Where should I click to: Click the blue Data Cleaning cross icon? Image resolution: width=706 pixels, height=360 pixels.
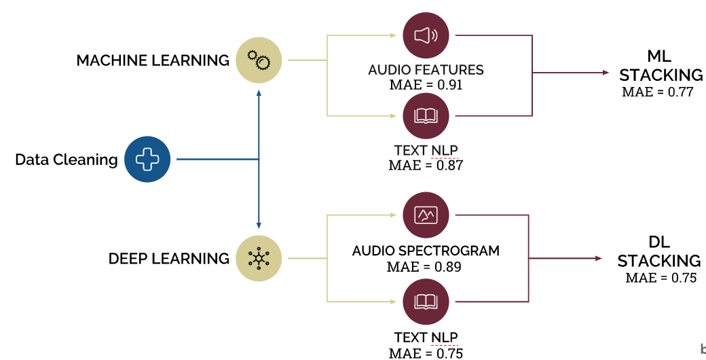(x=147, y=160)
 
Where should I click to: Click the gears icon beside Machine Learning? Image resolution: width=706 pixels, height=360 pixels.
(x=259, y=60)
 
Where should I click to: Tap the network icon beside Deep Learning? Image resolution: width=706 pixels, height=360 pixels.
(x=259, y=259)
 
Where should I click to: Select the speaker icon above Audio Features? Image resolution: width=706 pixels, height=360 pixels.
(x=426, y=35)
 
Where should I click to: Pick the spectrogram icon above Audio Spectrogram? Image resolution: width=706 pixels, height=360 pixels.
(x=426, y=215)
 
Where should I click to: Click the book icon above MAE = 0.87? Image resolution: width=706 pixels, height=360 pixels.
(x=426, y=116)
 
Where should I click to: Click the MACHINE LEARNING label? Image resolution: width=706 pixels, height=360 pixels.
(x=153, y=60)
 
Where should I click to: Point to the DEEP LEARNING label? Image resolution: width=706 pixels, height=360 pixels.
(x=169, y=259)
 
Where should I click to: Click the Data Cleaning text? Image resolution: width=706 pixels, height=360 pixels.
(x=67, y=160)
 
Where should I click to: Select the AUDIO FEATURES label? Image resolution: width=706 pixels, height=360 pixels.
(x=426, y=70)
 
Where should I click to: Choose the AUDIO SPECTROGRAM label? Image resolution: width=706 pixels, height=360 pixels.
(x=426, y=251)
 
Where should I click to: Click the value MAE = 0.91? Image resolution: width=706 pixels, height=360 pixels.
(x=426, y=85)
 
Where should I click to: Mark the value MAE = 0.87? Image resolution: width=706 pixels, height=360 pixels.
(x=426, y=165)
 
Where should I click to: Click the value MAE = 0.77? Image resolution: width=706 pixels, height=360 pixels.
(x=658, y=92)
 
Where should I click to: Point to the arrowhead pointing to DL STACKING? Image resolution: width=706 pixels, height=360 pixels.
(x=598, y=258)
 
